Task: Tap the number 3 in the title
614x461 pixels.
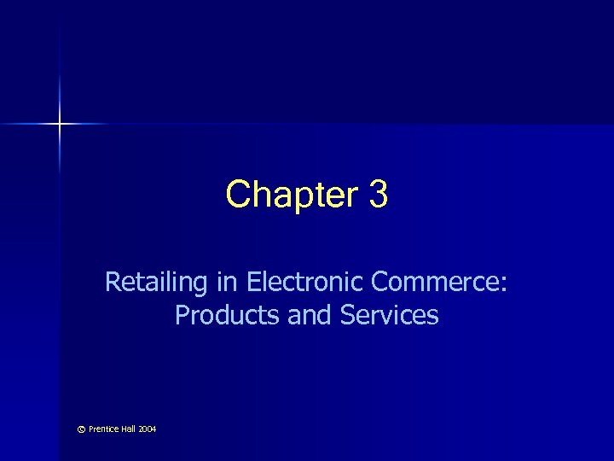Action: pos(379,195)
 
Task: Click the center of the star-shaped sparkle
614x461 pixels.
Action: pos(61,125)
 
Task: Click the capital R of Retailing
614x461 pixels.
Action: pos(113,281)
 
